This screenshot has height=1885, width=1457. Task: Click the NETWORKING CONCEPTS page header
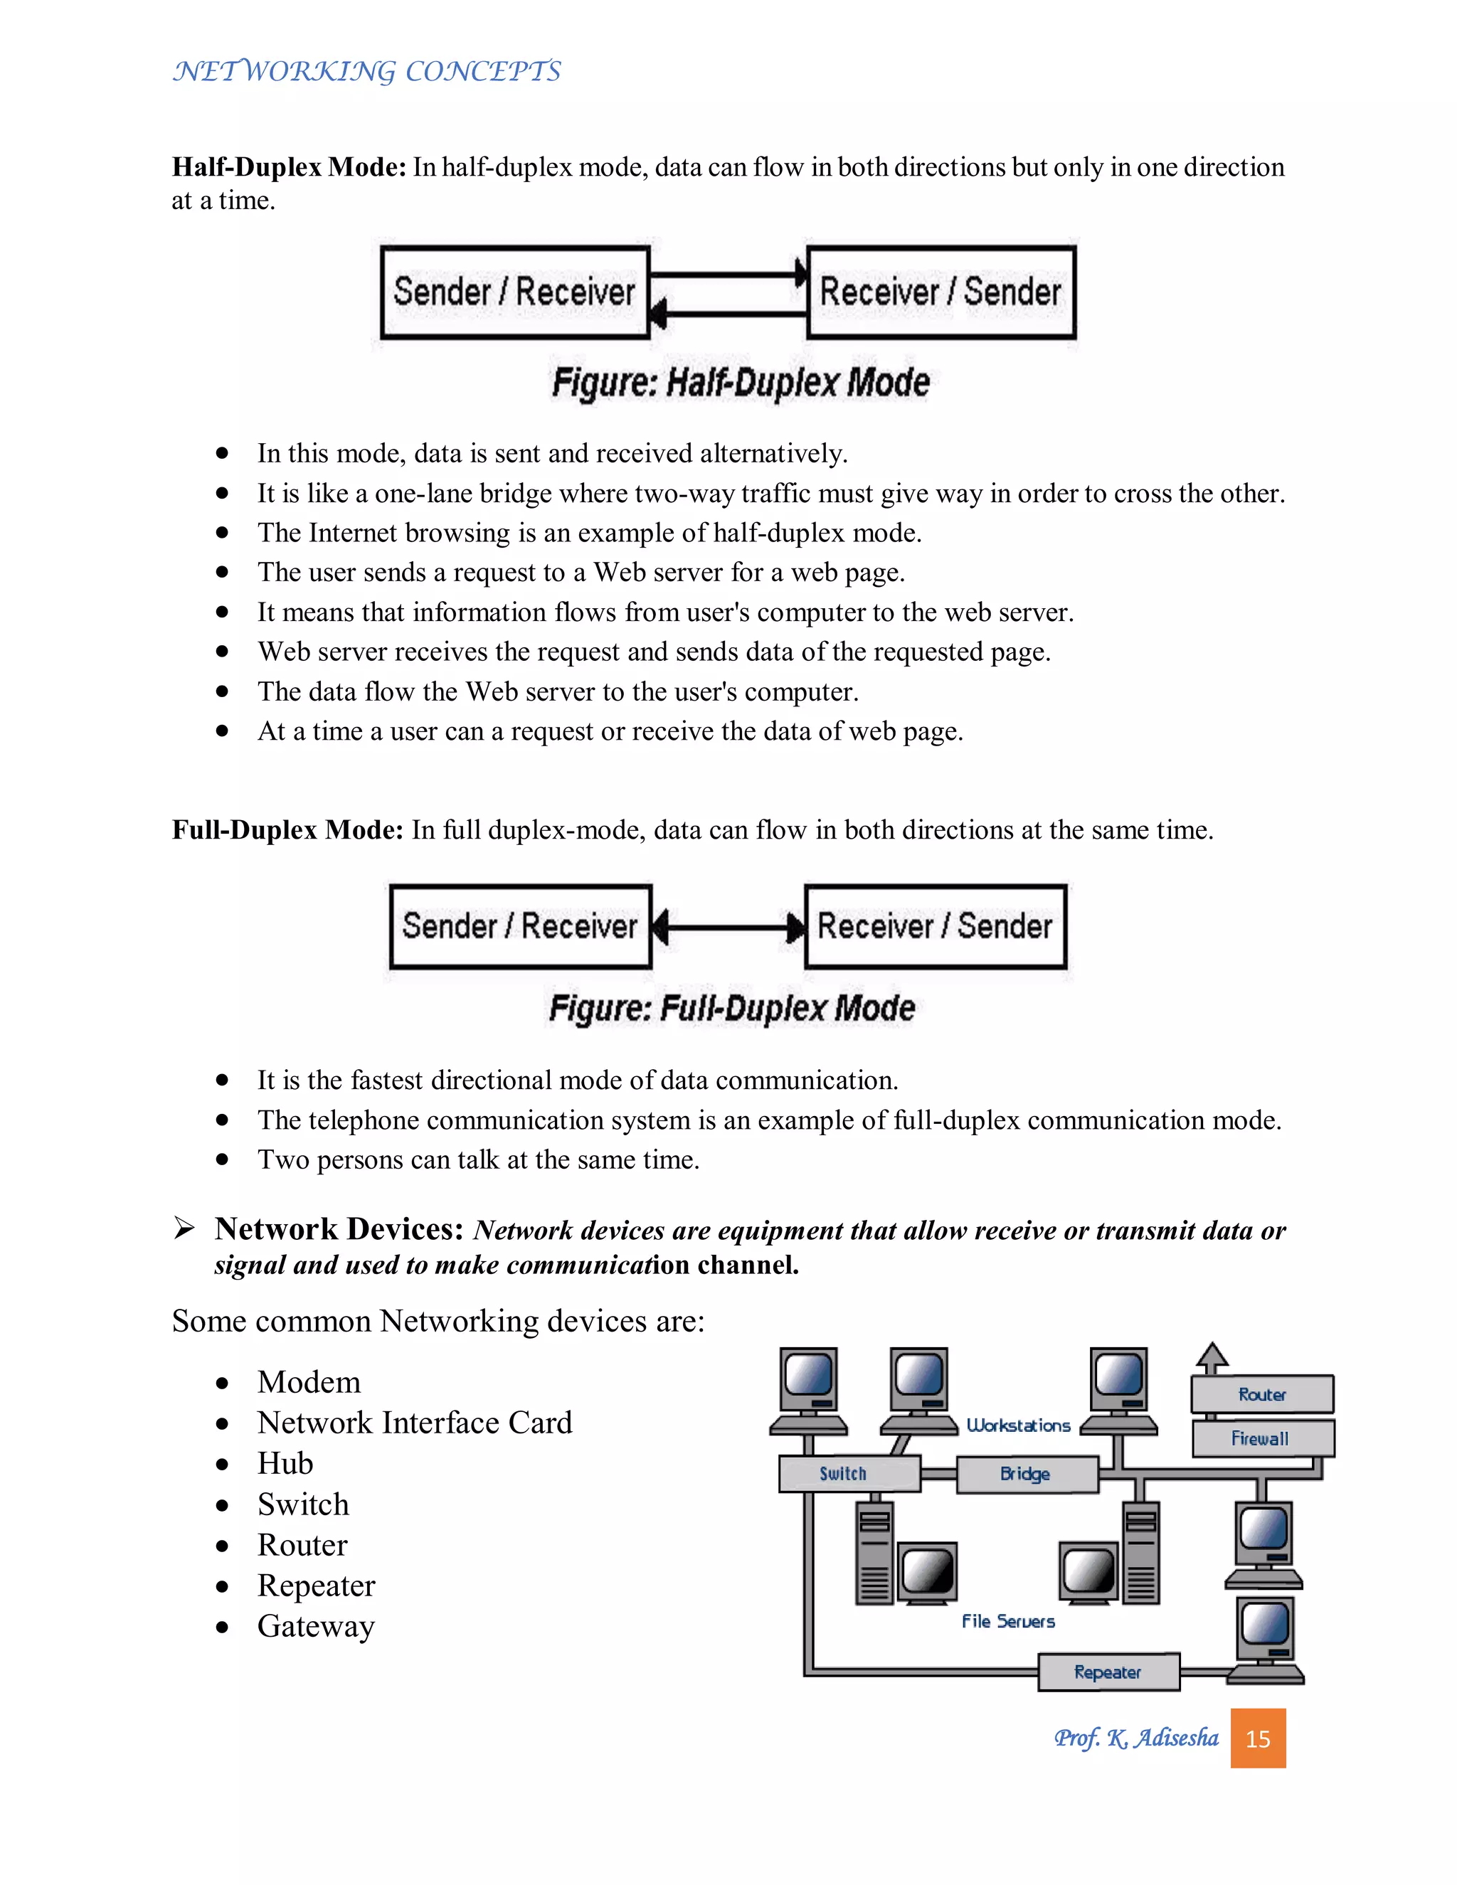367,70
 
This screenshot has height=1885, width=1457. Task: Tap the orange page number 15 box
1258,1738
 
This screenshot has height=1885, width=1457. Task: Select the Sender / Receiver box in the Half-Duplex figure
514,292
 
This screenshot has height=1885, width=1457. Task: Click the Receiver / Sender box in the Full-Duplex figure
936,926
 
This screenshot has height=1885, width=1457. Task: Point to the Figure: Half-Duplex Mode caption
741,383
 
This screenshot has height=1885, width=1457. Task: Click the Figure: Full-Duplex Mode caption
732,1008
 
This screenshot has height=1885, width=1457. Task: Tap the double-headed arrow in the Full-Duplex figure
728,928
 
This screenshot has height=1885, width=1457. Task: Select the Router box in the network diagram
1262,1394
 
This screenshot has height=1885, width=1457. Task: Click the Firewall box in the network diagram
1262,1438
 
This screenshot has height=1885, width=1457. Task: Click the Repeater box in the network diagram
1108,1672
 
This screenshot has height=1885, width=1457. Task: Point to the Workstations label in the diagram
1019,1425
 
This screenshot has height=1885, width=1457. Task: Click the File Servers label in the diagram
1008,1621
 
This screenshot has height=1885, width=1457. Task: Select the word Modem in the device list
309,1382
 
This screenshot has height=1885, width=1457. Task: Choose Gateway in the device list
316,1626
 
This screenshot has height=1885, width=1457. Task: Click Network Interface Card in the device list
414,1423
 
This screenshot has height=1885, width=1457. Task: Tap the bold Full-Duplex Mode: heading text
287,829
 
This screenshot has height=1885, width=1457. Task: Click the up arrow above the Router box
1212,1358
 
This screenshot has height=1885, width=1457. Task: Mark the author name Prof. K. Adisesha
1136,1738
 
